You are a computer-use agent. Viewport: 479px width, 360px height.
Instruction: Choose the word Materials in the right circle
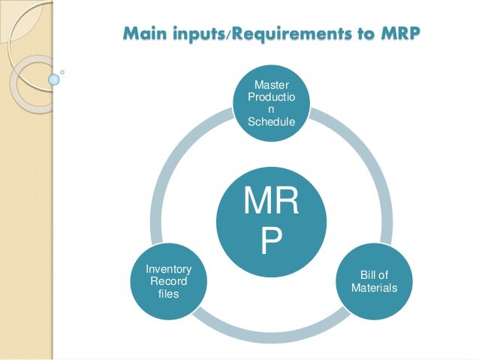[374, 288]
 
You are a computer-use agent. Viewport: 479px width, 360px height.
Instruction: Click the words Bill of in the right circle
[374, 276]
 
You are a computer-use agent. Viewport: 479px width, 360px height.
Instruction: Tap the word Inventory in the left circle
[168, 269]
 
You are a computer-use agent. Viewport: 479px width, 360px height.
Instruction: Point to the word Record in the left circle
[168, 280]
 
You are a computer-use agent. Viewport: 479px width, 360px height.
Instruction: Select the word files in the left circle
[168, 292]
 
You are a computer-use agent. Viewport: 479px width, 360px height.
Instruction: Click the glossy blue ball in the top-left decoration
[54, 78]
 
